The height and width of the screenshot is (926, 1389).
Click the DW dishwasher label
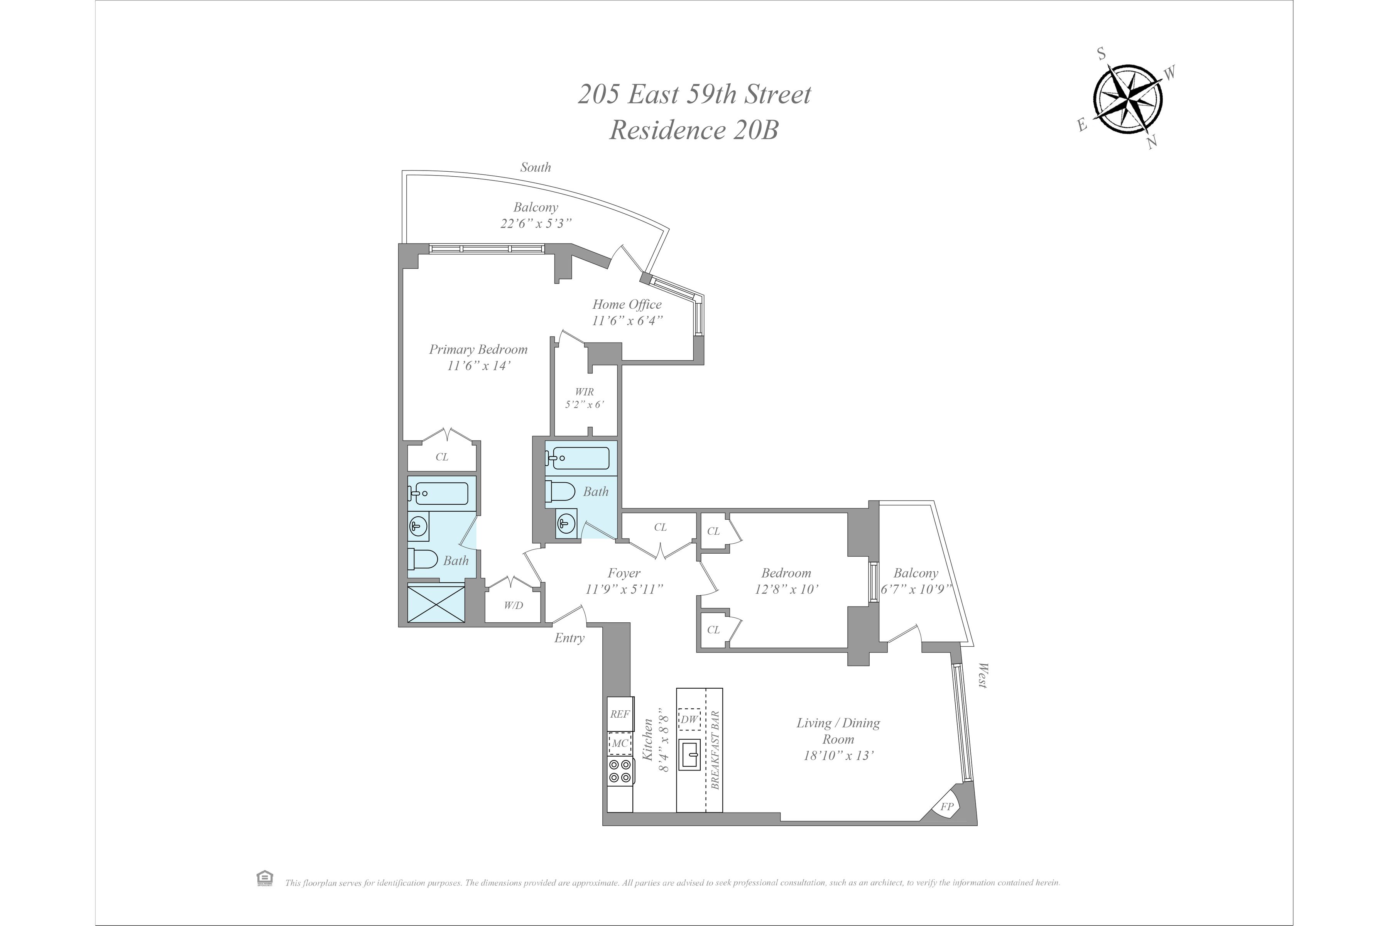click(x=689, y=719)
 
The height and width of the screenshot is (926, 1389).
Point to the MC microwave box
click(x=620, y=743)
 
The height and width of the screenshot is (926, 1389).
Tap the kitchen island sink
click(x=689, y=755)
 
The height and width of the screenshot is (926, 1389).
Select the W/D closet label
click(x=513, y=605)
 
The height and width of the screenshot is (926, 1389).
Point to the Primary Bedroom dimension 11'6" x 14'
click(x=478, y=365)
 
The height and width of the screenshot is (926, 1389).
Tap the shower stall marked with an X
click(x=436, y=602)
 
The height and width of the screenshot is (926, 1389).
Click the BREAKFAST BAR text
click(x=715, y=750)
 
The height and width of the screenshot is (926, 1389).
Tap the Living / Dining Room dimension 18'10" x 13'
click(x=838, y=755)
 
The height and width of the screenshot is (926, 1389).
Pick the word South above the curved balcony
click(x=535, y=167)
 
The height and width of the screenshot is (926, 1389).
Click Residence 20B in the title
click(x=694, y=130)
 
